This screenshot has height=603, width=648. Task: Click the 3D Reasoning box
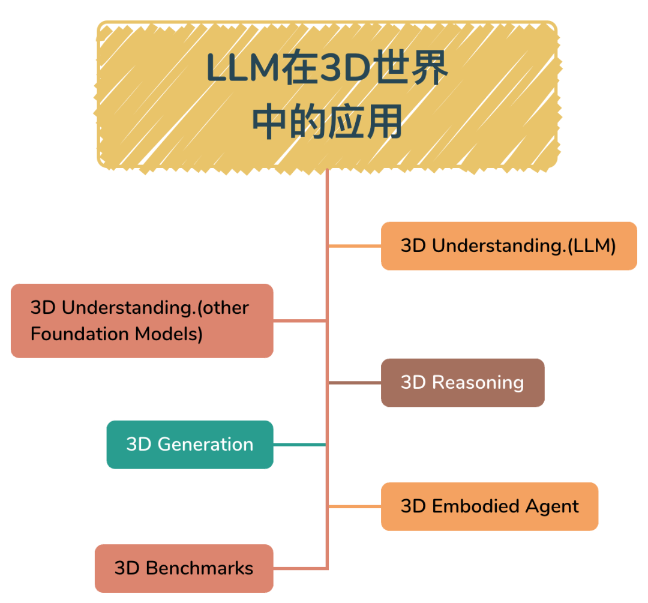point(463,383)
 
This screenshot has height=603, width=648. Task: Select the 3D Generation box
point(190,445)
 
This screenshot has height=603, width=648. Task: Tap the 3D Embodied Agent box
point(490,506)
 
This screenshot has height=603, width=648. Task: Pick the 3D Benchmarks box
point(184,568)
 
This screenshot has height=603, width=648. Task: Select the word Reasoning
point(478,383)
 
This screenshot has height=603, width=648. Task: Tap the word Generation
point(205,445)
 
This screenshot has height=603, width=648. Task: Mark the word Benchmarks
point(200,568)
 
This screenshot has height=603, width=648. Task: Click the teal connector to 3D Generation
point(299,445)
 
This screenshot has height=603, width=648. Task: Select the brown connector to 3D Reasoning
point(355,383)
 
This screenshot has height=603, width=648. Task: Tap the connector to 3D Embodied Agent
point(355,506)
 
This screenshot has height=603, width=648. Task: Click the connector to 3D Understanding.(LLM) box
point(355,246)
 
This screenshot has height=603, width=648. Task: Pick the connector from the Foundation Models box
point(299,321)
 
